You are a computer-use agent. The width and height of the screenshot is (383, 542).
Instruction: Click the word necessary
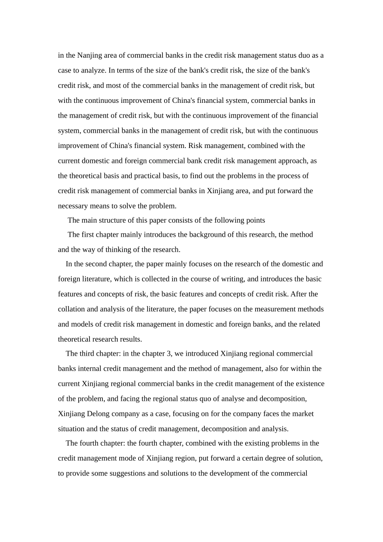click(x=73, y=206)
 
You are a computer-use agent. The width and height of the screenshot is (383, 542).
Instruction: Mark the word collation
click(x=71, y=309)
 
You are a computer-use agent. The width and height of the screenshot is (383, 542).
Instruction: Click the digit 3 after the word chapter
click(x=169, y=354)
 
